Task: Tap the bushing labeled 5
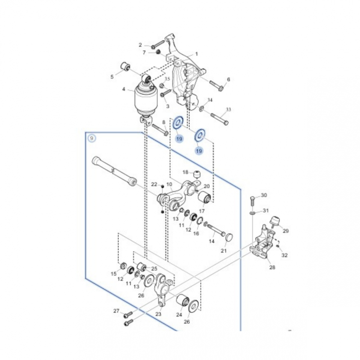click(125, 66)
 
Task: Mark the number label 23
click(158, 314)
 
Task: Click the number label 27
click(116, 311)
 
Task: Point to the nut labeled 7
click(158, 52)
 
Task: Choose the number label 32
click(285, 255)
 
